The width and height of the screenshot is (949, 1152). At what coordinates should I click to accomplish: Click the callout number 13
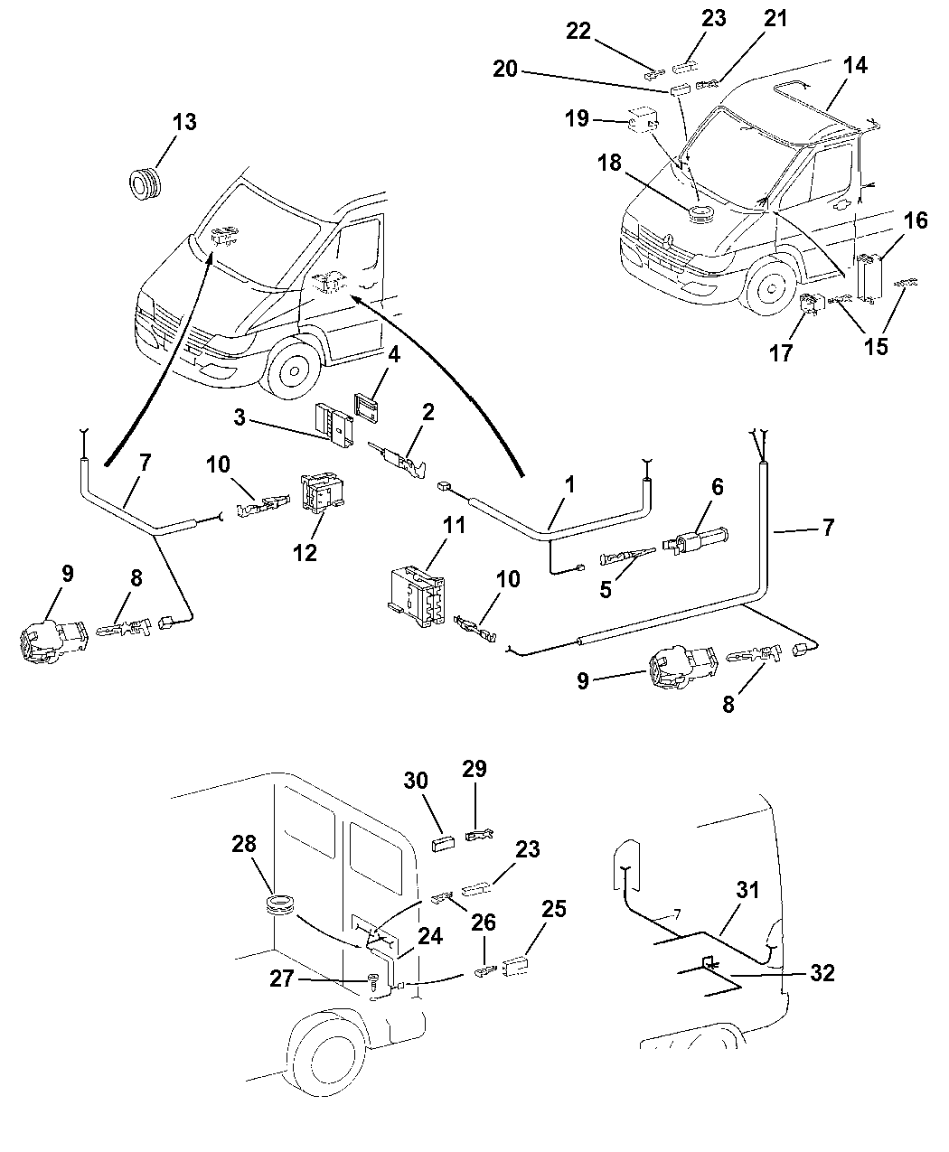click(x=183, y=122)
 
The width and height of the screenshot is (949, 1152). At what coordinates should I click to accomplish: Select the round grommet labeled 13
click(x=145, y=184)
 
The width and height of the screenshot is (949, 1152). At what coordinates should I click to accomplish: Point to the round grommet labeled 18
click(x=699, y=215)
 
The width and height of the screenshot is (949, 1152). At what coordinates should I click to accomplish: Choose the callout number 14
click(x=855, y=65)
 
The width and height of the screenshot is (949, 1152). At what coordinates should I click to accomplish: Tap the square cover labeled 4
click(x=364, y=407)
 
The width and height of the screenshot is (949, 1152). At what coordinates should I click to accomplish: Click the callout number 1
click(x=569, y=484)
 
